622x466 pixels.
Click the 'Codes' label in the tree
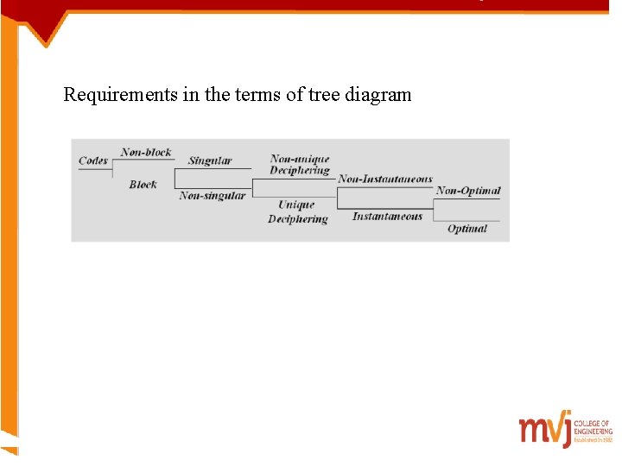tap(93, 161)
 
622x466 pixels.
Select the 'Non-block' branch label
tap(146, 153)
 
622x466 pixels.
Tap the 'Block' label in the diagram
tap(143, 184)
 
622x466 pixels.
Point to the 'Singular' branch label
tap(210, 161)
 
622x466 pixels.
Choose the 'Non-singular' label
tap(213, 196)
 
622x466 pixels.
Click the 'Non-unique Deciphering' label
tap(300, 165)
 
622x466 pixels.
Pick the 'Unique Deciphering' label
tap(297, 212)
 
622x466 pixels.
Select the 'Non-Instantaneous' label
tap(385, 179)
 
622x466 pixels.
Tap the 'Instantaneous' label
tap(387, 217)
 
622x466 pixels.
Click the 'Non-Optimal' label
tap(468, 191)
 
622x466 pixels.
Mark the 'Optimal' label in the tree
tap(467, 229)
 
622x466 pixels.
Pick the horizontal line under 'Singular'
tap(213, 168)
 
